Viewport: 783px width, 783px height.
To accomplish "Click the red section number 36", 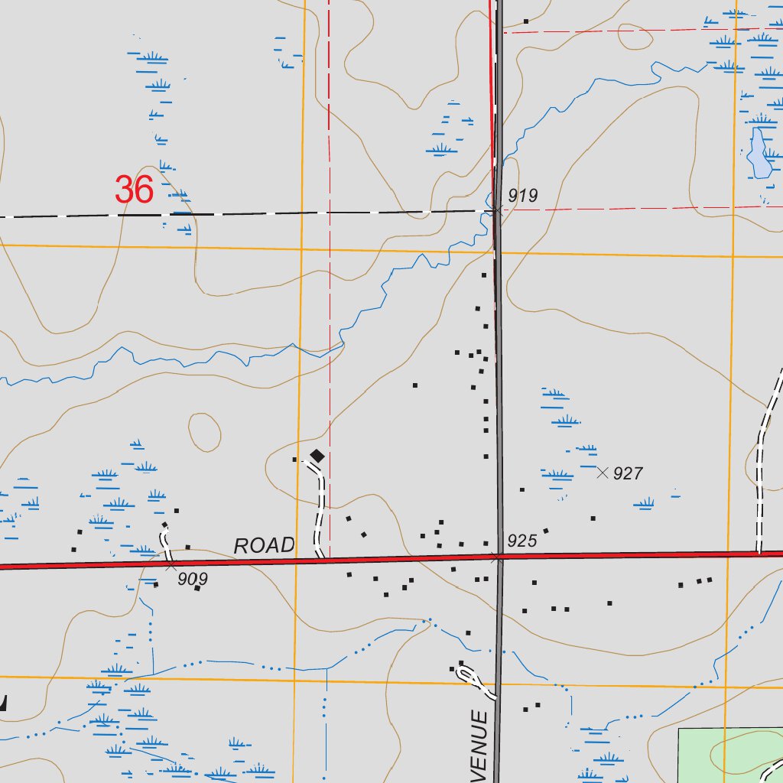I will [135, 190].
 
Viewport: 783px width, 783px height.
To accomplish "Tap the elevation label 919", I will [523, 196].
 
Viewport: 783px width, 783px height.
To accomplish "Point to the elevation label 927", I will [628, 474].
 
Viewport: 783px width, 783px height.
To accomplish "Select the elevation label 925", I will [522, 541].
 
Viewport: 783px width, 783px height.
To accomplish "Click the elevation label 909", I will [193, 580].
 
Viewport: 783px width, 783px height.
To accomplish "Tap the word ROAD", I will [264, 546].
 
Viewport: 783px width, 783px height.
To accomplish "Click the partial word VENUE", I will [479, 743].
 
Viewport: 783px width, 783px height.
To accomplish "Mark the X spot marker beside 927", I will [603, 473].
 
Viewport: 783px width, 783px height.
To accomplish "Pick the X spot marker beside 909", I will [171, 566].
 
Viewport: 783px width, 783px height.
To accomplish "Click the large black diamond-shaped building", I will [317, 456].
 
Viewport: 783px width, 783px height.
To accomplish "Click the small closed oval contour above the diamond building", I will [204, 432].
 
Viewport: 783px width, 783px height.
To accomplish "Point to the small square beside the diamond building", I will [295, 460].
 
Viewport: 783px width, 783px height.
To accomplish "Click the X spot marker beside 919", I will [498, 208].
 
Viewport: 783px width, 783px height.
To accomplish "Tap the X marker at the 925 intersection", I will [498, 557].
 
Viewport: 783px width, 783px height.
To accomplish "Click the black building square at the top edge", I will [526, 21].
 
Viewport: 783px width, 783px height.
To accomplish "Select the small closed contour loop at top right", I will [634, 36].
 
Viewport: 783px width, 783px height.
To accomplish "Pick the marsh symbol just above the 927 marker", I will [586, 449].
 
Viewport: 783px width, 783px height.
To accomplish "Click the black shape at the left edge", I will [3, 703].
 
